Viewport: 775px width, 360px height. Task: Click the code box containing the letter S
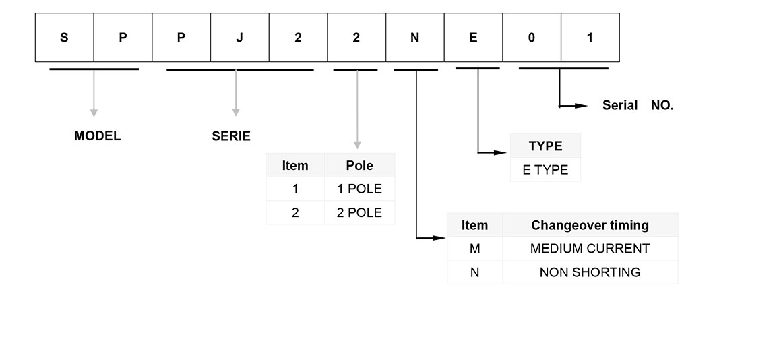64,38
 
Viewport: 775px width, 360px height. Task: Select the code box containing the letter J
239,38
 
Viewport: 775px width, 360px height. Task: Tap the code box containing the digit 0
532,38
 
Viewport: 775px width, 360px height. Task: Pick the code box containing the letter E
473,38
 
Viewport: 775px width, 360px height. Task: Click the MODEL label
97,136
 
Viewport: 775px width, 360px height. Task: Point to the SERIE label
231,136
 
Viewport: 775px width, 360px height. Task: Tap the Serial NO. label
638,106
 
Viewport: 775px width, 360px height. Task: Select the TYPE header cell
545,146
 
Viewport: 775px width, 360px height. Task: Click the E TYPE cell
545,170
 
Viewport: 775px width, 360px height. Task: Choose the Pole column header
359,166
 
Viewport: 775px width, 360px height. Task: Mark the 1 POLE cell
359,189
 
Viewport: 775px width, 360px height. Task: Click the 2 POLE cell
359,212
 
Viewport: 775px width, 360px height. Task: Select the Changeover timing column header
590,225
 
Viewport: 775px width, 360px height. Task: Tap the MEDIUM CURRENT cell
590,249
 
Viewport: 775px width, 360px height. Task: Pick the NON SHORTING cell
590,272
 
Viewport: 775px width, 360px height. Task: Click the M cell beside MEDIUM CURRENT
474,249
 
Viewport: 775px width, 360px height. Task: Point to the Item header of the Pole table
295,166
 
